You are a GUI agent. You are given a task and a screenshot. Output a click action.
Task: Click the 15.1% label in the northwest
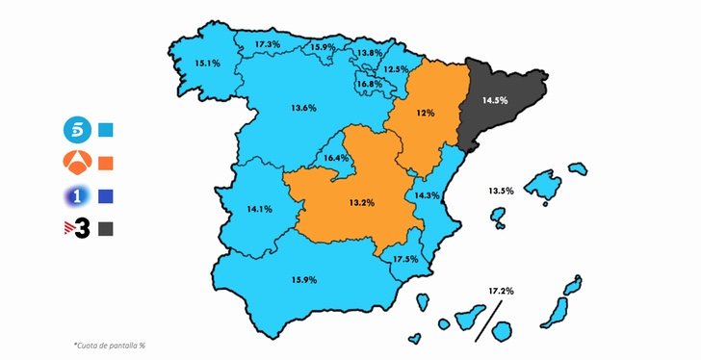pyautogui.click(x=207, y=64)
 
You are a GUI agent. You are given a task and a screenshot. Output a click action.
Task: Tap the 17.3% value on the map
pyautogui.click(x=268, y=44)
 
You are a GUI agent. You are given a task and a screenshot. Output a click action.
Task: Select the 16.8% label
pyautogui.click(x=370, y=85)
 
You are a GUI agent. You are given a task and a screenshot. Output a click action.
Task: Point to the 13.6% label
pyautogui.click(x=303, y=107)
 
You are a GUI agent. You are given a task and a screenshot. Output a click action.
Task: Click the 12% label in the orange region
pyautogui.click(x=425, y=113)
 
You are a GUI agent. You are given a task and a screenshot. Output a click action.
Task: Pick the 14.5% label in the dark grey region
pyautogui.click(x=495, y=99)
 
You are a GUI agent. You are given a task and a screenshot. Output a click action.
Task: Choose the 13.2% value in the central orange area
pyautogui.click(x=361, y=203)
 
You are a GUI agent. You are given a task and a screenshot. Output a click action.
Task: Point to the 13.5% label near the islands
pyautogui.click(x=501, y=191)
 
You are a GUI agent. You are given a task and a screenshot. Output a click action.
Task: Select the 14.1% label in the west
pyautogui.click(x=259, y=208)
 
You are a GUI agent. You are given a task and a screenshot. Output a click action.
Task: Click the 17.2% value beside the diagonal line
pyautogui.click(x=501, y=290)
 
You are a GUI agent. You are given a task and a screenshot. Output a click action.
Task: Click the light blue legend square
pyautogui.click(x=106, y=130)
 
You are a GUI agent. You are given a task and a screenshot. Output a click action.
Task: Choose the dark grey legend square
pyautogui.click(x=106, y=229)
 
